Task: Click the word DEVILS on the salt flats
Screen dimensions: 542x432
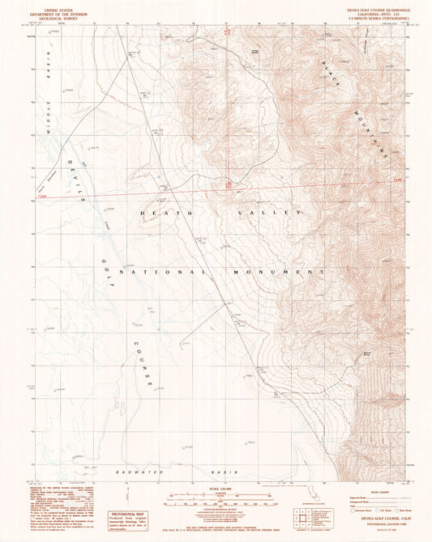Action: [x=75, y=177]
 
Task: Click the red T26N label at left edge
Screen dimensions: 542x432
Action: [x=41, y=194]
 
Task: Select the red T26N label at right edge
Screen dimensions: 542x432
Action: [x=396, y=180]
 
